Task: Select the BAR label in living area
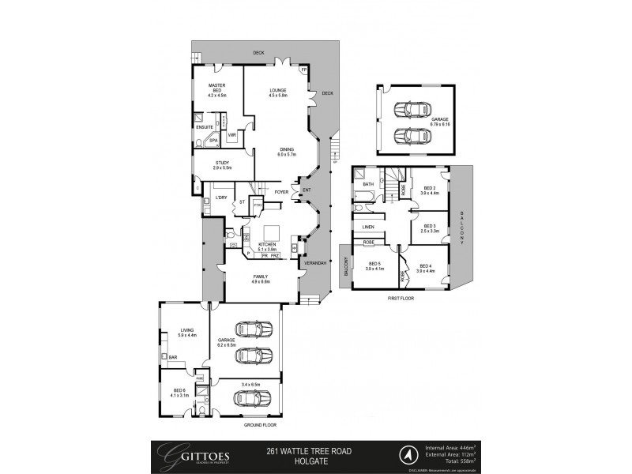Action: (x=173, y=357)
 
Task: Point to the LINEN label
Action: (x=368, y=227)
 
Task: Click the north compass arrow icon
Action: (x=408, y=455)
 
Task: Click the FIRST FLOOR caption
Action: (x=400, y=299)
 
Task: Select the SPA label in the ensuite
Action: (x=213, y=140)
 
